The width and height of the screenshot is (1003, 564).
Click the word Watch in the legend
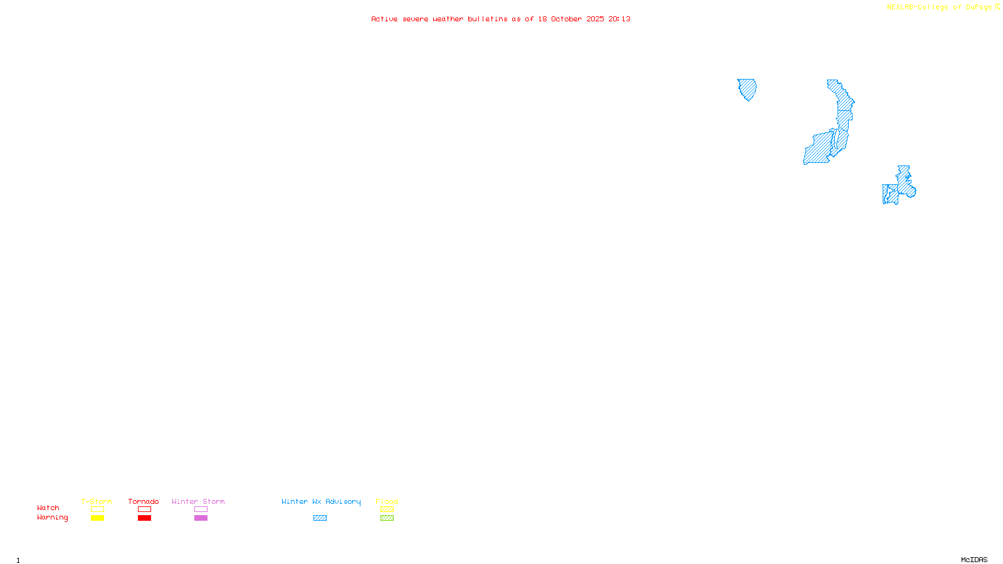click(x=48, y=508)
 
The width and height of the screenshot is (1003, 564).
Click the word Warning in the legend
click(x=52, y=518)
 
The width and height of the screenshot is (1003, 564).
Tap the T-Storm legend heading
click(x=97, y=501)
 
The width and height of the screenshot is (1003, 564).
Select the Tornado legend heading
click(x=144, y=501)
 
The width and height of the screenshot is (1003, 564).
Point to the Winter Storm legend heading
click(x=198, y=501)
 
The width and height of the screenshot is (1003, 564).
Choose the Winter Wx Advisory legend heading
click(x=321, y=501)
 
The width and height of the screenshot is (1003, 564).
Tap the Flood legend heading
click(x=387, y=501)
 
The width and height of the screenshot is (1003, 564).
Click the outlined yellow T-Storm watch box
click(x=97, y=509)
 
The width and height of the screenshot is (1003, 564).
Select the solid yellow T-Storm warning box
click(x=97, y=518)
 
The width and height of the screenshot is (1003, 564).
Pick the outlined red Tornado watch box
click(x=144, y=509)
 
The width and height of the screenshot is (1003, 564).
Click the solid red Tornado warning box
click(x=144, y=518)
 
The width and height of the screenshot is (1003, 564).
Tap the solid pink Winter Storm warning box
click(x=201, y=518)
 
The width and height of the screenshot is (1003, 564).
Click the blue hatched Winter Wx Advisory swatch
click(x=320, y=518)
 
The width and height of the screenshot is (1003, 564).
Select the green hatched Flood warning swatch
click(x=387, y=518)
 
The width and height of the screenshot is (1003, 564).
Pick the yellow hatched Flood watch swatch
click(x=387, y=509)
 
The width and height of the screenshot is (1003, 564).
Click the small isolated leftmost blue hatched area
click(x=747, y=88)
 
